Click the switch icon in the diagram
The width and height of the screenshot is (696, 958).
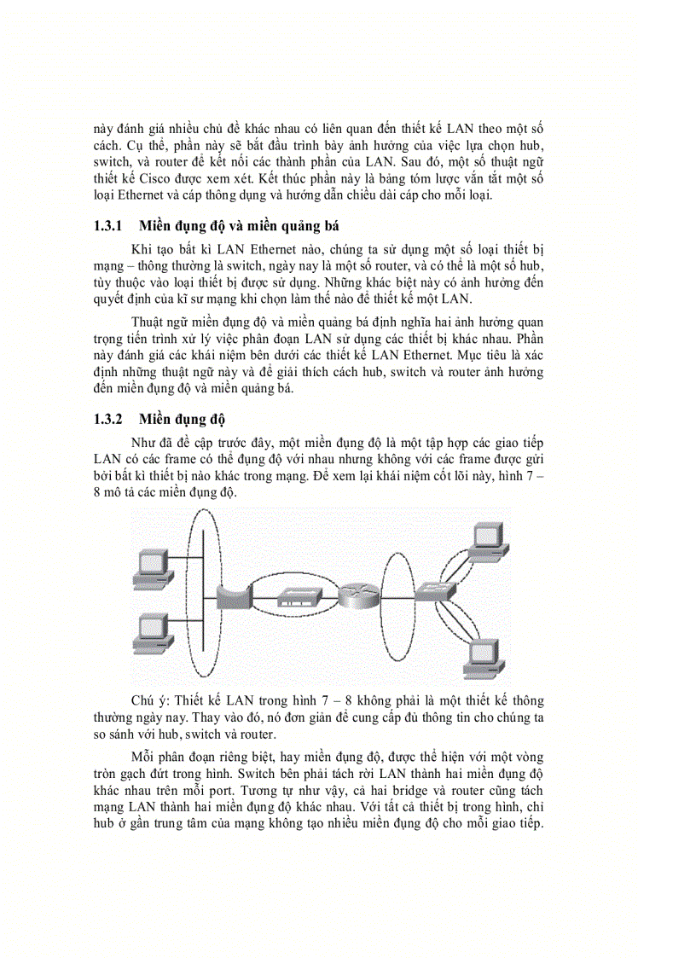coord(428,591)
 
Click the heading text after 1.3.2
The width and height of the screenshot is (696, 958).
coord(181,420)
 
